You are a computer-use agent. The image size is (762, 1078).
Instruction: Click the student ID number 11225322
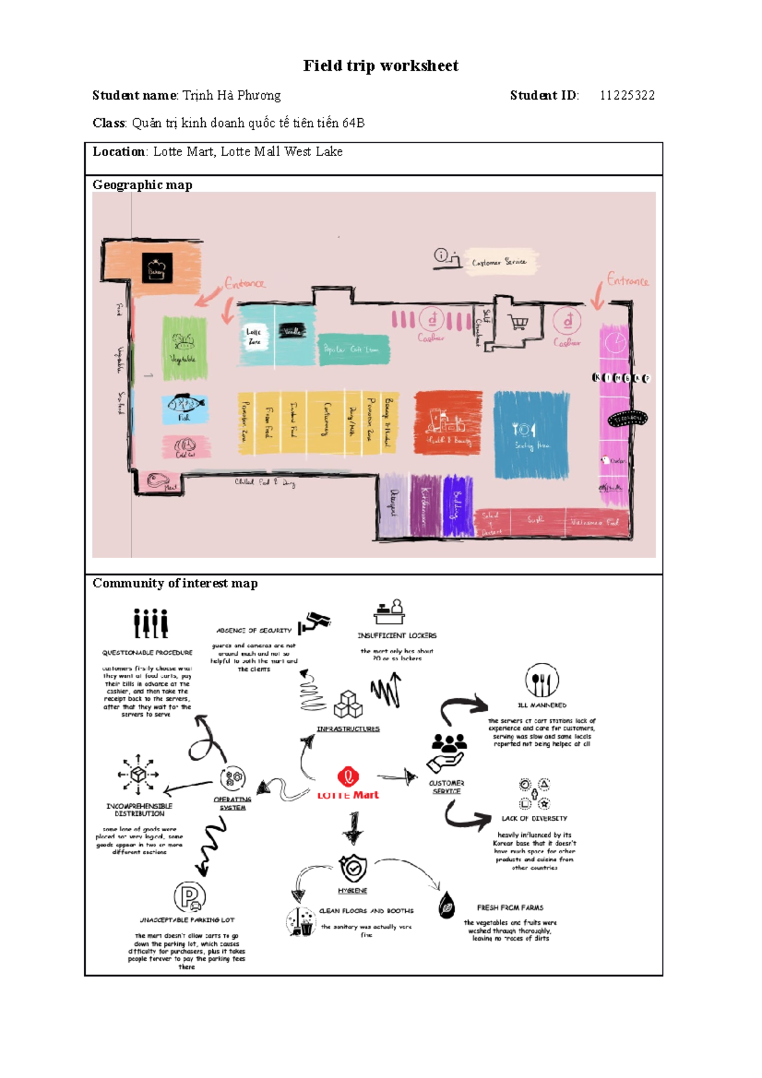[627, 95]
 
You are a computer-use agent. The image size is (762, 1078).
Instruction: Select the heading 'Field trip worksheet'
[380, 66]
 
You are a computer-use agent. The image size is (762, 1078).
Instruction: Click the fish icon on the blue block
[185, 404]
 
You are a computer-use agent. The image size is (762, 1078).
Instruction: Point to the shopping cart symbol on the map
[519, 323]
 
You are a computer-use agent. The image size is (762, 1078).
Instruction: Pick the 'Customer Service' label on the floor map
[498, 262]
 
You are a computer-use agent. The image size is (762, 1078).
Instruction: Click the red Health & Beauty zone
[448, 423]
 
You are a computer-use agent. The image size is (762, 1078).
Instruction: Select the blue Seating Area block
[531, 435]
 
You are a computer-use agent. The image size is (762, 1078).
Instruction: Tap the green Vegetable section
[184, 348]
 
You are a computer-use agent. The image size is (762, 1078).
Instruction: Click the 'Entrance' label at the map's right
[627, 280]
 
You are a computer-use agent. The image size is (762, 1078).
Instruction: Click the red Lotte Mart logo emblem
[348, 776]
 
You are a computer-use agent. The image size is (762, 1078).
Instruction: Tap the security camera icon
[314, 622]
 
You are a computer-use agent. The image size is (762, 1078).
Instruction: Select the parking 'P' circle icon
[190, 896]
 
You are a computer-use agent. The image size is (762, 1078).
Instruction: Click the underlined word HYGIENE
[352, 891]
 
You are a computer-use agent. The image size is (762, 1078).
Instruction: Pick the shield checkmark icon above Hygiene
[353, 867]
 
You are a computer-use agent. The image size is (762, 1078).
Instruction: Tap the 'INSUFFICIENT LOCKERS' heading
[397, 635]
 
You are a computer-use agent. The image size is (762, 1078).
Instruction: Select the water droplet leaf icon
[447, 905]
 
